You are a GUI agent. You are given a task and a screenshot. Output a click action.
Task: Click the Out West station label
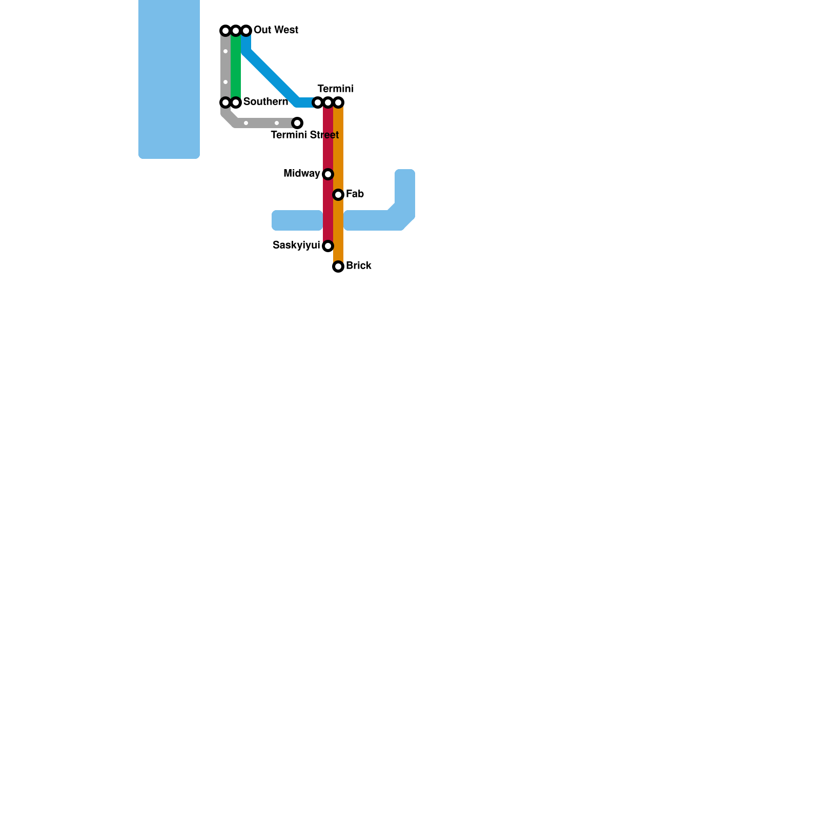pyautogui.click(x=276, y=30)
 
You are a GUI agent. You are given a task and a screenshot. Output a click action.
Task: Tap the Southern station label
pyautogui.click(x=265, y=101)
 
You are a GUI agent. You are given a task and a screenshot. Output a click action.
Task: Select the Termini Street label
pyautogui.click(x=304, y=135)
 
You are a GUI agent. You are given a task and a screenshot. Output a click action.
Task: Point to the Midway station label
pyautogui.click(x=301, y=174)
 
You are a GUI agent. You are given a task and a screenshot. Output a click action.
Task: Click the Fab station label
pyautogui.click(x=355, y=194)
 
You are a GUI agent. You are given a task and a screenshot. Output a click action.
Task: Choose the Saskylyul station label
pyautogui.click(x=296, y=245)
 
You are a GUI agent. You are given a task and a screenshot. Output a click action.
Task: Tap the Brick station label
pyautogui.click(x=358, y=265)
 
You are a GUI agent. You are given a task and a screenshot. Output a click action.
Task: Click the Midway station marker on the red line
pyautogui.click(x=328, y=174)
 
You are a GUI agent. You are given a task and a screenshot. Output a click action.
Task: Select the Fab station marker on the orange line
pyautogui.click(x=338, y=195)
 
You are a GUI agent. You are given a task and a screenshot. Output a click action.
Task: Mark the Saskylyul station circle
pyautogui.click(x=328, y=246)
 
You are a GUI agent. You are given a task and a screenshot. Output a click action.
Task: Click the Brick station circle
pyautogui.click(x=338, y=266)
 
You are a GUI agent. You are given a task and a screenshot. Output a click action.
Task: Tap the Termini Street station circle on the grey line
pyautogui.click(x=297, y=123)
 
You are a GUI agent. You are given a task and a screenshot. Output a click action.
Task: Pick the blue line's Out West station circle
pyautogui.click(x=246, y=31)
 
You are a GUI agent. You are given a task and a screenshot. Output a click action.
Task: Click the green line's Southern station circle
pyautogui.click(x=236, y=102)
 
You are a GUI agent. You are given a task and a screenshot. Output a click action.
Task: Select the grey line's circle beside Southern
pyautogui.click(x=225, y=102)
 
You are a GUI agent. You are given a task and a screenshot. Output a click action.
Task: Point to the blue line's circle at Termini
pyautogui.click(x=318, y=102)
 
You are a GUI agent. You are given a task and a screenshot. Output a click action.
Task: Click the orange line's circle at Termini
pyautogui.click(x=338, y=102)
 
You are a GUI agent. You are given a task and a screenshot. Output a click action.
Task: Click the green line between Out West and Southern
pyautogui.click(x=236, y=67)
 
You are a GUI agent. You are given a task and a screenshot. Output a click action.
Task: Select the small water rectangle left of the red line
pyautogui.click(x=297, y=220)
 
